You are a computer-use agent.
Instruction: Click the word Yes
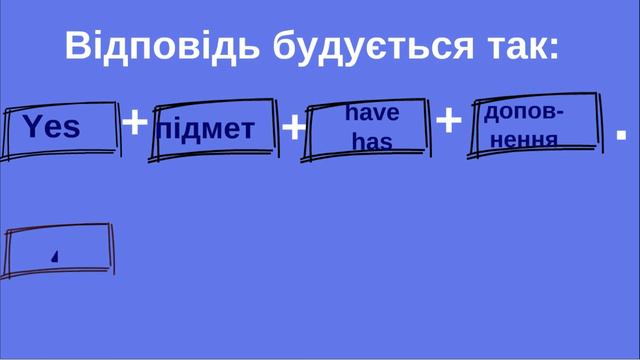coord(51,127)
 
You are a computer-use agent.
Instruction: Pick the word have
coord(372,113)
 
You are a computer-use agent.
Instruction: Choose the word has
coord(372,142)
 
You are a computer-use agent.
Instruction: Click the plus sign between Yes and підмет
coord(134,123)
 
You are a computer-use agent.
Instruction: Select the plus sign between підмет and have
coord(293,128)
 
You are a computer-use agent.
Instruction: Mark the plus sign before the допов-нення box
coord(450,121)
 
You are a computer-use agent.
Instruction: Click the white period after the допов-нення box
coord(621,132)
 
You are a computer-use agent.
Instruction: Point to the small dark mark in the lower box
coord(55,256)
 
